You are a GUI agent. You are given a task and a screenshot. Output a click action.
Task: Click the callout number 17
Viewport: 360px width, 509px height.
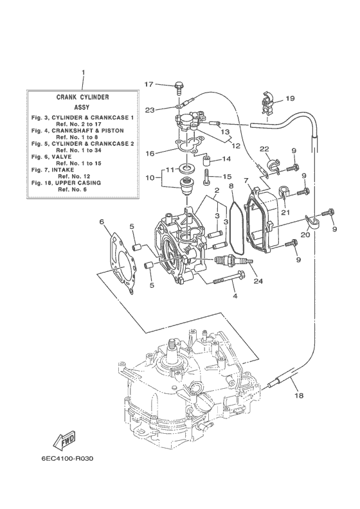pyautogui.click(x=148, y=84)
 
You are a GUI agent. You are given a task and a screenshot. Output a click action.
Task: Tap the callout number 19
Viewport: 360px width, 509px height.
pyautogui.click(x=290, y=98)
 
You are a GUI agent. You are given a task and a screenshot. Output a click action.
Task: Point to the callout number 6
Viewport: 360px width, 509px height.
pyautogui.click(x=102, y=222)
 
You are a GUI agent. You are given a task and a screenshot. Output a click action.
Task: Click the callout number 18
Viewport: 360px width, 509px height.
pyautogui.click(x=297, y=397)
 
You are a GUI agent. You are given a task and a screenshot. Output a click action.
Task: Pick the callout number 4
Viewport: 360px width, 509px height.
pyautogui.click(x=234, y=296)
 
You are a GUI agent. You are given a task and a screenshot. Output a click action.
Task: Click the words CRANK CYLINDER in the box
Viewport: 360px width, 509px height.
pyautogui.click(x=82, y=96)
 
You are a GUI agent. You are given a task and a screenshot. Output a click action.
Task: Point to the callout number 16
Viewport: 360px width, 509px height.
pyautogui.click(x=149, y=154)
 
